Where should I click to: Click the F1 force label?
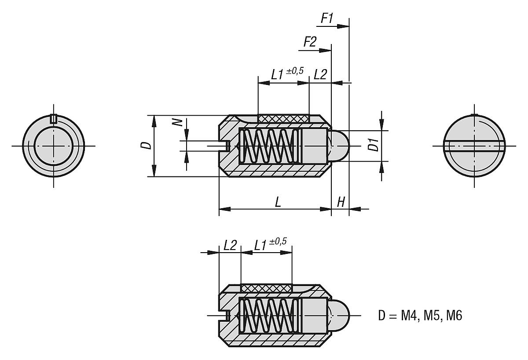[x=326, y=18]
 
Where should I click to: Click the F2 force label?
[x=310, y=42]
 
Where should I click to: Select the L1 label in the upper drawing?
[x=277, y=74]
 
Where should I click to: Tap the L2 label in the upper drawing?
[x=320, y=74]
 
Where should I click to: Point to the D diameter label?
[x=148, y=146]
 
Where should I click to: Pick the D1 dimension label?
[x=373, y=145]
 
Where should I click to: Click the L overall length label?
[x=278, y=202]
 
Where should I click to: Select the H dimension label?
[x=341, y=202]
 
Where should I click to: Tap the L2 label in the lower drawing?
[x=230, y=245]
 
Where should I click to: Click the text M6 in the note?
[x=453, y=316]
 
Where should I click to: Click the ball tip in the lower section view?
[x=341, y=315]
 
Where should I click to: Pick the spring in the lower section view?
[x=268, y=315]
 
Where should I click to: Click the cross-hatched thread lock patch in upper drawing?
[x=283, y=119]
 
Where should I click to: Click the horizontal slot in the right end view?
[x=475, y=145]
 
